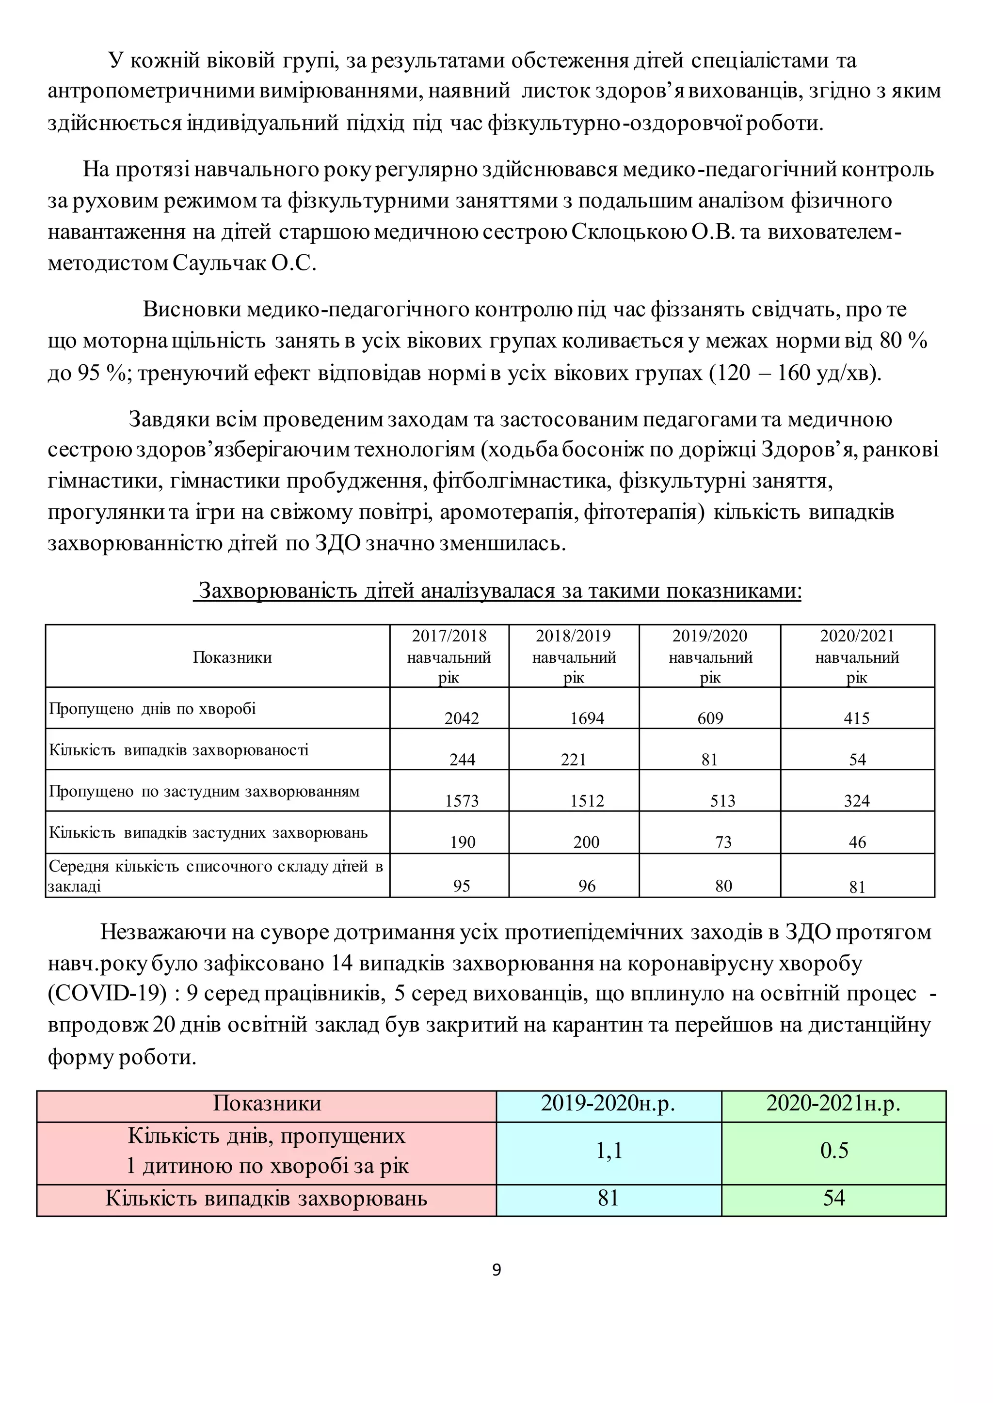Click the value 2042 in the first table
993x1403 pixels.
(x=462, y=718)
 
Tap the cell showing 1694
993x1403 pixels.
(x=587, y=718)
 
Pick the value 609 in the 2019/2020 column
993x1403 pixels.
(x=710, y=718)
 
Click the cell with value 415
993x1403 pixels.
(x=857, y=718)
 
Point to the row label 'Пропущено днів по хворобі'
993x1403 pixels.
(x=152, y=709)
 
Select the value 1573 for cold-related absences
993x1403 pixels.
(x=462, y=800)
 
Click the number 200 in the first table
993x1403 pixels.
(x=586, y=842)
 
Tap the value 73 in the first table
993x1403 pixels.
(x=723, y=842)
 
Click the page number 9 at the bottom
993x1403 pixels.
(x=496, y=1270)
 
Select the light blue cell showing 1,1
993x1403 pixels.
(x=609, y=1151)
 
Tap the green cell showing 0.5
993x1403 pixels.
(x=834, y=1151)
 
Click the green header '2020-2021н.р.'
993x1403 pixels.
(x=833, y=1104)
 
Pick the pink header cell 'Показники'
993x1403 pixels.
(x=267, y=1104)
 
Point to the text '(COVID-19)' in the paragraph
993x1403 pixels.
(x=107, y=994)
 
